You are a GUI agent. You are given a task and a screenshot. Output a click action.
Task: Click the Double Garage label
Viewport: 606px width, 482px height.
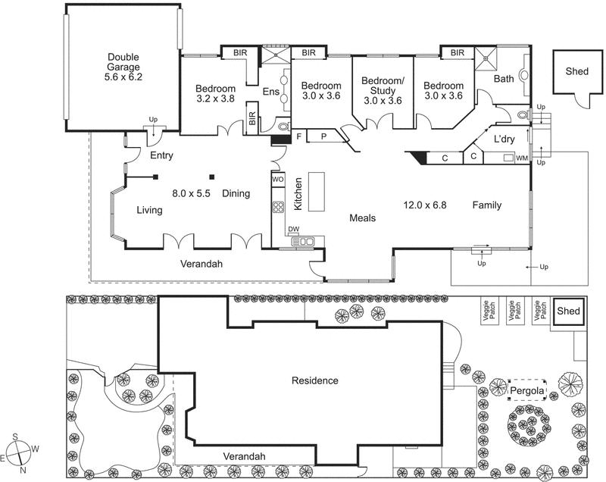tap(125, 67)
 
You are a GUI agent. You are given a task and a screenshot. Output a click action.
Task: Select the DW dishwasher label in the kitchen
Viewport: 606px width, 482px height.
tap(293, 230)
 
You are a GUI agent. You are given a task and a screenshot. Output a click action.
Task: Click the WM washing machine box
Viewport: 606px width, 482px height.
tap(521, 158)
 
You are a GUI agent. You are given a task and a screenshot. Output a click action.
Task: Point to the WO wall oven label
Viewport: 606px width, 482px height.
tap(278, 180)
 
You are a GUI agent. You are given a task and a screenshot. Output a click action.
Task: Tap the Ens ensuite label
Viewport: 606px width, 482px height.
tap(270, 92)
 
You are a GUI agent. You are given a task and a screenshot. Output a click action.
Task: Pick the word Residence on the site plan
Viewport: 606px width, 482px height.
tap(314, 380)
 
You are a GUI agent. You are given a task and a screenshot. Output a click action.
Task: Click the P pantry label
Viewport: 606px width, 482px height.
tap(323, 136)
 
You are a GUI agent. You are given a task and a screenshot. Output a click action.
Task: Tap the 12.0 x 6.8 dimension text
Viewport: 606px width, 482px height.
tap(426, 205)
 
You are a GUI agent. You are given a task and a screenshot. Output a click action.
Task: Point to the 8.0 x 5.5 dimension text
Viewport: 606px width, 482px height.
tap(191, 193)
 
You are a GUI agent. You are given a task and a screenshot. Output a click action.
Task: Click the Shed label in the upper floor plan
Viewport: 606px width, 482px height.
tap(576, 71)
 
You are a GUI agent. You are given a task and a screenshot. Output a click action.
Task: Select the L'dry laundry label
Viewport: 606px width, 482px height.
tap(504, 140)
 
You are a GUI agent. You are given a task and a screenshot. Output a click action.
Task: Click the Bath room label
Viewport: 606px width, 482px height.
tap(504, 79)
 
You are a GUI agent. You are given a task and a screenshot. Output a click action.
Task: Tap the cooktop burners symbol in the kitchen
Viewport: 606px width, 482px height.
tap(278, 208)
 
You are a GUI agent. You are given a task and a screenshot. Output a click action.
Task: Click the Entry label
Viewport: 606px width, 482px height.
tap(161, 156)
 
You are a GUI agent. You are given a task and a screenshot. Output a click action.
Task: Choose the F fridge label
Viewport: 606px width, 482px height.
tap(299, 136)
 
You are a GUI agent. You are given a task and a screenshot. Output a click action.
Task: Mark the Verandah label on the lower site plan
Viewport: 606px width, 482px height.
tap(244, 456)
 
